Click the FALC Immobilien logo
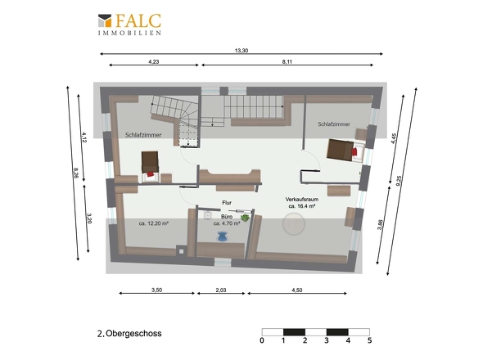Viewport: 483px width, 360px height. click(x=129, y=25)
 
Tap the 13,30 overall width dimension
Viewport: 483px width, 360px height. click(x=241, y=51)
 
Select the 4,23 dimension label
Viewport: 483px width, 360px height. click(x=154, y=61)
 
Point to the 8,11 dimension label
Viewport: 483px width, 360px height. click(x=287, y=61)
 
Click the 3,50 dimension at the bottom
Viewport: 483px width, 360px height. click(x=157, y=290)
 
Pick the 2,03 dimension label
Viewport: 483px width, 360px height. click(x=221, y=290)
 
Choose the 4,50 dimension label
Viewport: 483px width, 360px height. click(x=297, y=290)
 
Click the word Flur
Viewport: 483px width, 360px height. click(x=227, y=203)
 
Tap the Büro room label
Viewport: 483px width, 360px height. click(x=227, y=217)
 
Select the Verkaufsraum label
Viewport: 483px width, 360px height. click(x=302, y=200)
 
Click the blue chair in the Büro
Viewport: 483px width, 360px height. click(x=222, y=236)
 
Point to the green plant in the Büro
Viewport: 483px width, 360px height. click(x=246, y=218)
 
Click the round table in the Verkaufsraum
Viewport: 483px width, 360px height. click(x=294, y=224)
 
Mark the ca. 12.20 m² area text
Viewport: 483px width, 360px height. click(x=153, y=223)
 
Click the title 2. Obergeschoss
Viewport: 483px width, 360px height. click(x=129, y=334)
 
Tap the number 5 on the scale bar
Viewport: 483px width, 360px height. click(x=370, y=340)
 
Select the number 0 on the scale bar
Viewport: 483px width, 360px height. click(x=262, y=340)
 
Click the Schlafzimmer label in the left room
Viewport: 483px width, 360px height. click(x=143, y=135)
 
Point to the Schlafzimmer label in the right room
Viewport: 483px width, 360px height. click(x=334, y=124)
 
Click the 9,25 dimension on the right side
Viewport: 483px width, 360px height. click(x=399, y=181)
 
